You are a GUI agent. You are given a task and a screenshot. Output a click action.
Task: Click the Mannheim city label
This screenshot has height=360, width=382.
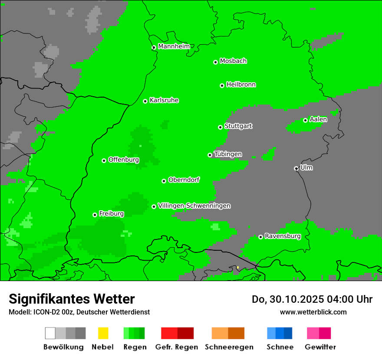[x=174, y=46]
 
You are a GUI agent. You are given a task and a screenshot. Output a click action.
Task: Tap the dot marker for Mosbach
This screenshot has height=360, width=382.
[x=215, y=62]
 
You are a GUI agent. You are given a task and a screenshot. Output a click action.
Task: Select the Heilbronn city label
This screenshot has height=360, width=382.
[x=241, y=85]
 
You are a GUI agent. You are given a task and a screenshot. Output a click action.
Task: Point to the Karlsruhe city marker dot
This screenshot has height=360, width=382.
[x=145, y=101]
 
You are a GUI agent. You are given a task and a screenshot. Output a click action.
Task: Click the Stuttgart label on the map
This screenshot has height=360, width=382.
[x=238, y=126]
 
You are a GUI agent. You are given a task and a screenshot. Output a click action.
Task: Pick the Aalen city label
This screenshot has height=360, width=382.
[x=318, y=119]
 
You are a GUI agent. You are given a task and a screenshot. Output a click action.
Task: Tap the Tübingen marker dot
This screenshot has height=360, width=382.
[x=210, y=155]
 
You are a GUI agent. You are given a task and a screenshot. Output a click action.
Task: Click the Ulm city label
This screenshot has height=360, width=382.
[x=306, y=167]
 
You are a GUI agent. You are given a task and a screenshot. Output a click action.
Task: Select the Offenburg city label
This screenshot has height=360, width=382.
[x=124, y=160]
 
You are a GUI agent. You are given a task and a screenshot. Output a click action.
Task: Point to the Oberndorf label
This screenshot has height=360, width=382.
[x=184, y=180]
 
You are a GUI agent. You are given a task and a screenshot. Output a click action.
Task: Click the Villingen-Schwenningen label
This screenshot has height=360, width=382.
[x=194, y=206]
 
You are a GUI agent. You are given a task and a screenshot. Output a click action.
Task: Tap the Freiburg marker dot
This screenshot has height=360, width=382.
[x=95, y=215]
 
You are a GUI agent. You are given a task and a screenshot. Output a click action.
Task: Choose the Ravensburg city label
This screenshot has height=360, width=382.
[x=283, y=236]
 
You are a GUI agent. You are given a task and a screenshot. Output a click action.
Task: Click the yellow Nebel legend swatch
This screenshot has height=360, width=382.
[x=103, y=333]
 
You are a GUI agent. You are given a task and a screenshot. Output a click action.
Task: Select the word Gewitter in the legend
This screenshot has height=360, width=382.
[x=320, y=347]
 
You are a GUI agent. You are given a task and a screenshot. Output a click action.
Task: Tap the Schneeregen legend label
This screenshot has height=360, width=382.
[x=229, y=347]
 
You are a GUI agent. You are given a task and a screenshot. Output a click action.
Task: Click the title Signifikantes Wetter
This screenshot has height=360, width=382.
[x=72, y=299]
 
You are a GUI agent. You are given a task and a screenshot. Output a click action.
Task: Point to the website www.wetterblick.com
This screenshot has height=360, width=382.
[x=313, y=312]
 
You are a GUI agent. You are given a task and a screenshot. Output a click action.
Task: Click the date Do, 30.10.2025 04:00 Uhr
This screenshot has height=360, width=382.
[x=312, y=299]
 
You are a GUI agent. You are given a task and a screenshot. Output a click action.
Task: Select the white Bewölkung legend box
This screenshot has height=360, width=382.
[x=50, y=333]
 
